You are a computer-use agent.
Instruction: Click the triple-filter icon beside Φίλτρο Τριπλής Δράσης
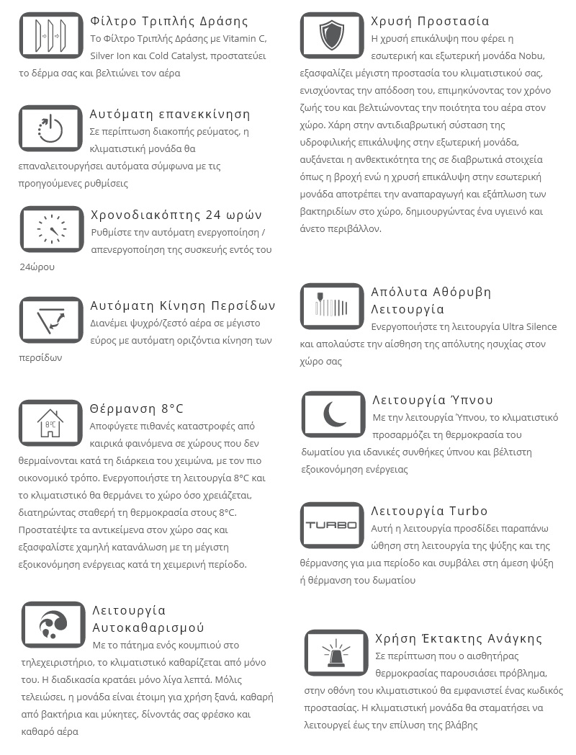(x=51, y=35)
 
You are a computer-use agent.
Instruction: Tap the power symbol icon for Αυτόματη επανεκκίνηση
(x=51, y=128)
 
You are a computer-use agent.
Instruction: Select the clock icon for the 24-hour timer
(x=51, y=229)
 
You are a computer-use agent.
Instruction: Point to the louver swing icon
(x=51, y=320)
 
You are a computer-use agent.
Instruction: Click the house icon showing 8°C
(x=50, y=423)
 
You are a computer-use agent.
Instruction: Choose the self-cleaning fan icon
(x=53, y=625)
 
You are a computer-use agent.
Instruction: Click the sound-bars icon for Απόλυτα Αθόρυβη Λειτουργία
(x=332, y=306)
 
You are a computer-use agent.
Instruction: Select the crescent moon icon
(x=333, y=414)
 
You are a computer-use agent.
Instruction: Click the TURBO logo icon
(x=332, y=525)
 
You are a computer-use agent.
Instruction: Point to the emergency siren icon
(x=336, y=653)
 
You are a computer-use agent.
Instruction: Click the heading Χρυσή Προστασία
(x=430, y=21)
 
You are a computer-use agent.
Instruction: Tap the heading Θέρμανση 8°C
(x=137, y=408)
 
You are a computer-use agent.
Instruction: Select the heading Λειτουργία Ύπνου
(x=433, y=400)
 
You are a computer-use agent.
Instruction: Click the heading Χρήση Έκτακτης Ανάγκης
(x=459, y=638)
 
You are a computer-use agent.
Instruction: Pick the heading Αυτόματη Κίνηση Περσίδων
(x=183, y=305)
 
